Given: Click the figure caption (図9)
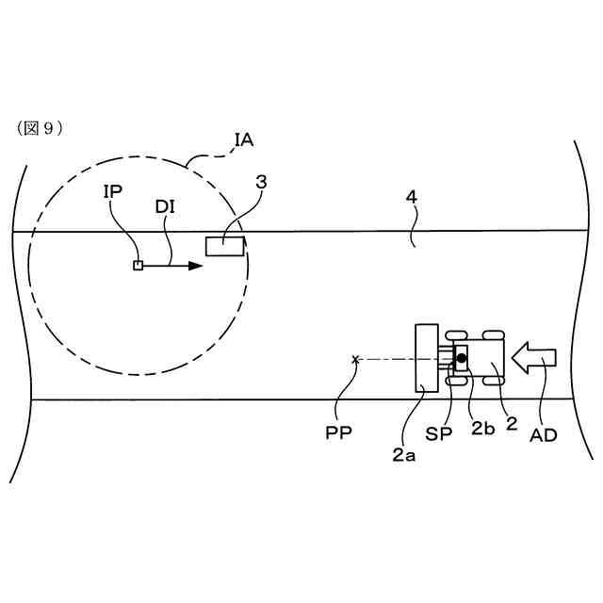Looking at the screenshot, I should pos(40,128).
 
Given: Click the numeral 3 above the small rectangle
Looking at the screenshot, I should pos(260,183).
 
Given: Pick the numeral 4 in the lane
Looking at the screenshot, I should pos(410,200).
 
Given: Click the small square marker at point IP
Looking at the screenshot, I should pos(138,266).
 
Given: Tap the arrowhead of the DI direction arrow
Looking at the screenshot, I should pos(194,266).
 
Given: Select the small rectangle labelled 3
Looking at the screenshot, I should pos(225,247).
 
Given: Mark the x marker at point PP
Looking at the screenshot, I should pos(355,358).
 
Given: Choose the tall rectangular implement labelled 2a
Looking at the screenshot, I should pos(427,357).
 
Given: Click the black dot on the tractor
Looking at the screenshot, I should pos(462,357).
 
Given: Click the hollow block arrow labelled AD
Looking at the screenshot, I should pos(535,357).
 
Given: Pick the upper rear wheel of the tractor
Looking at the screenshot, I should pos(491,336).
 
